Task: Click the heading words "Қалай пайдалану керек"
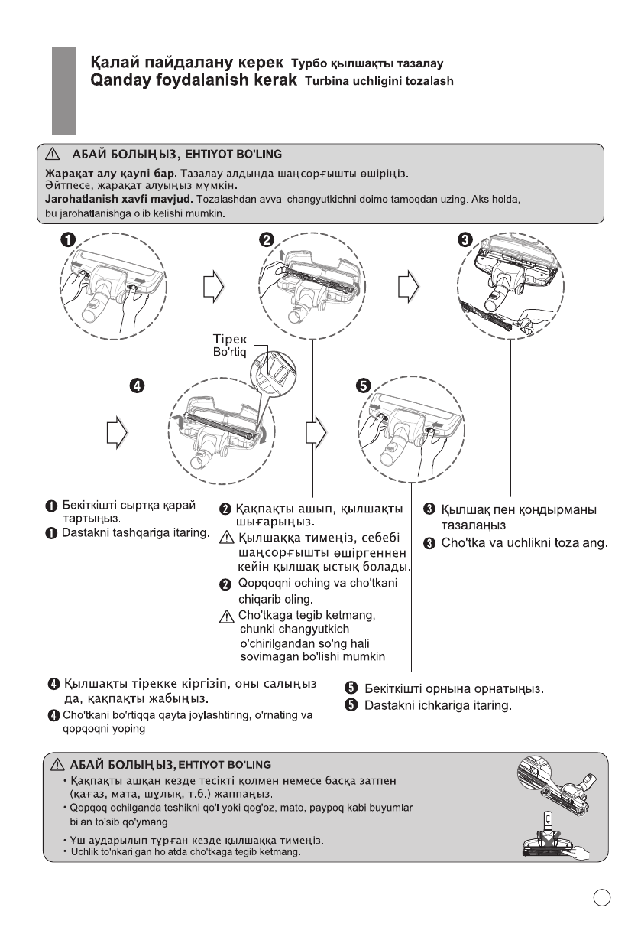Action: [x=186, y=61]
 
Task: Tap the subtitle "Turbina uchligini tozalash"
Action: [x=379, y=81]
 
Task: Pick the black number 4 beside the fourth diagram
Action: [x=138, y=385]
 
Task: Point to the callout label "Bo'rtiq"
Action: [x=227, y=353]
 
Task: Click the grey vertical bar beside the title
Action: [x=63, y=89]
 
